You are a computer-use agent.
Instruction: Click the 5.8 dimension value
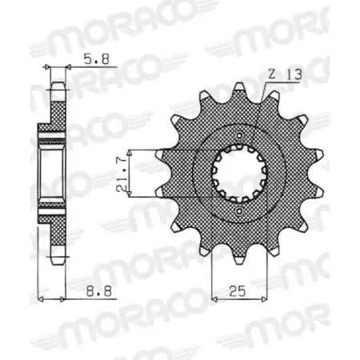(97, 59)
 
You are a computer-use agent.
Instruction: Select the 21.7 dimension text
(122, 174)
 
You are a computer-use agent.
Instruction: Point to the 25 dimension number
(237, 291)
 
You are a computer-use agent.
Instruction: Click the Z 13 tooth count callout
(285, 74)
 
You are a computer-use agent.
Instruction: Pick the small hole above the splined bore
(239, 135)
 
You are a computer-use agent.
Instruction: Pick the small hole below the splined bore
(239, 212)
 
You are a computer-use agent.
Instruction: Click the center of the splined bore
(239, 174)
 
